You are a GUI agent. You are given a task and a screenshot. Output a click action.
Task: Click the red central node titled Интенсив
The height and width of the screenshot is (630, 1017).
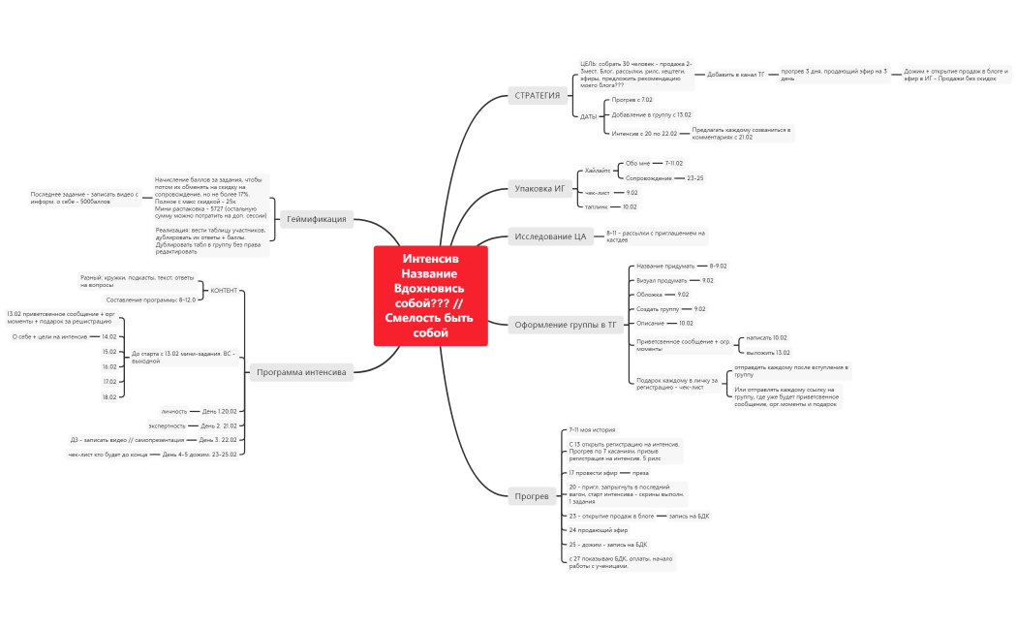click(x=430, y=295)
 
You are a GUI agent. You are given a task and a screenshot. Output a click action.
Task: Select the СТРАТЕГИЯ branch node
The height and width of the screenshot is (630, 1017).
click(x=537, y=95)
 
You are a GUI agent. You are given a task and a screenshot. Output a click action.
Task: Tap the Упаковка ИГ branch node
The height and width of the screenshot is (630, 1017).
click(x=539, y=188)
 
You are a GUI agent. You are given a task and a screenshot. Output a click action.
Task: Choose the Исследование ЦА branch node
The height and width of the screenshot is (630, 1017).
click(x=550, y=236)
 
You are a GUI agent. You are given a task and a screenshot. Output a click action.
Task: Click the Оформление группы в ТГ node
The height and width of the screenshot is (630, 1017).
click(x=565, y=326)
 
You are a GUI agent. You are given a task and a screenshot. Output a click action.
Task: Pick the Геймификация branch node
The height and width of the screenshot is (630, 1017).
click(x=316, y=219)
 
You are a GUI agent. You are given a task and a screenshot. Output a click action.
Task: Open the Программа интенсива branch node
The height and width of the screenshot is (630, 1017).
click(x=301, y=372)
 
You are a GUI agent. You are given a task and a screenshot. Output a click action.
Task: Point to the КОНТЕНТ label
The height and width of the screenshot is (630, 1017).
click(x=224, y=290)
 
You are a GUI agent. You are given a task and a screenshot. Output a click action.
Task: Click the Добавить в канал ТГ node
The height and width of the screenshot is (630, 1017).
click(x=735, y=75)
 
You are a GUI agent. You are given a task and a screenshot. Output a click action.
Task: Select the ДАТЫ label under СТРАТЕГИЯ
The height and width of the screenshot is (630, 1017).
click(x=589, y=116)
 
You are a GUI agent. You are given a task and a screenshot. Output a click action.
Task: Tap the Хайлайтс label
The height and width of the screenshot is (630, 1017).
click(x=598, y=171)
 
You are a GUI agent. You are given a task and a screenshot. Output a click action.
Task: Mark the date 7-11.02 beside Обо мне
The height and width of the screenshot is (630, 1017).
click(x=673, y=163)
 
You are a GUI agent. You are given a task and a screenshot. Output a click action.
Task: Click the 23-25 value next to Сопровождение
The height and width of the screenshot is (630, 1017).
click(x=694, y=178)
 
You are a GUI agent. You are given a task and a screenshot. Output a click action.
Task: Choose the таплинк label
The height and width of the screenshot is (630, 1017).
click(x=597, y=206)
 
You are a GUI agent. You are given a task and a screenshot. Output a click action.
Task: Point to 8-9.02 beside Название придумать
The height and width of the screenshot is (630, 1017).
click(x=718, y=266)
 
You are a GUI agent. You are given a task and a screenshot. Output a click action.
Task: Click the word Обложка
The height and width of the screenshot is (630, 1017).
click(x=649, y=295)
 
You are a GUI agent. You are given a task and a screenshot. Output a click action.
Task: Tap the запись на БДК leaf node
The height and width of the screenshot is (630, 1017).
click(x=689, y=516)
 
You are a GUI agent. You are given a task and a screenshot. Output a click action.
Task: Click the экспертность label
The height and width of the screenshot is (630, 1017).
click(x=167, y=425)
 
